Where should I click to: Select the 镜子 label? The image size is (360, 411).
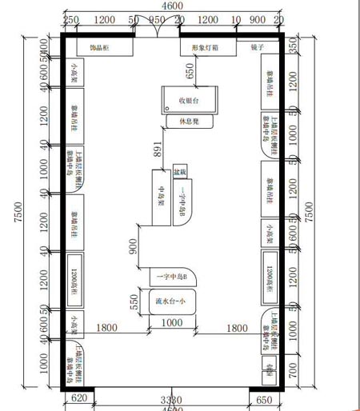point(257,48)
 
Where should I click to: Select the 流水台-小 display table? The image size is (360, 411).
point(170,301)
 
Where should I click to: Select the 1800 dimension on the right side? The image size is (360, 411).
point(236,328)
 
